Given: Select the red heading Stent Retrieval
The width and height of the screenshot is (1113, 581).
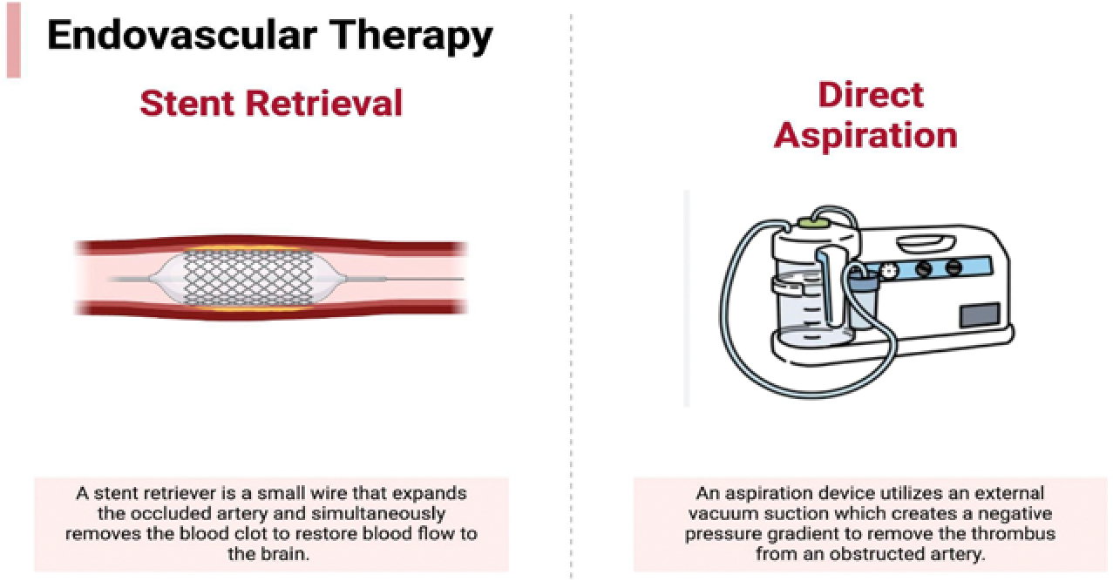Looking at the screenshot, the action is [271, 103].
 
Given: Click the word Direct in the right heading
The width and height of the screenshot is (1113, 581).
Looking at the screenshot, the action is [871, 94].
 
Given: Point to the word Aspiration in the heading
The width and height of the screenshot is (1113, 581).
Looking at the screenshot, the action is [865, 135].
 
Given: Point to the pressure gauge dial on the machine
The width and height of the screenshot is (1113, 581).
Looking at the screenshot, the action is [889, 270].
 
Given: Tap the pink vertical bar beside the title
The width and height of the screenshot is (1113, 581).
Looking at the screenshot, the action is [12, 39].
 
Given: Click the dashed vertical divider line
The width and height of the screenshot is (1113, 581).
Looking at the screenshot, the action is [572, 348].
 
